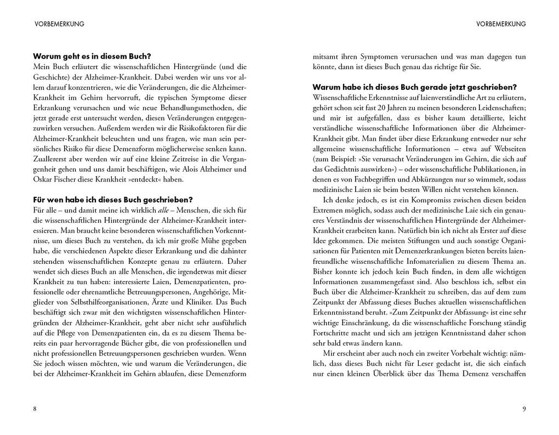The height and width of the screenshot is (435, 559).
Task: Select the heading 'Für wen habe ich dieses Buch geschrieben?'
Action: [x=113, y=199]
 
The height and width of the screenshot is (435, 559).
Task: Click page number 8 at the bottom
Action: [x=35, y=409]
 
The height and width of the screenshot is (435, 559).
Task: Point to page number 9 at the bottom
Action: [x=523, y=409]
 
